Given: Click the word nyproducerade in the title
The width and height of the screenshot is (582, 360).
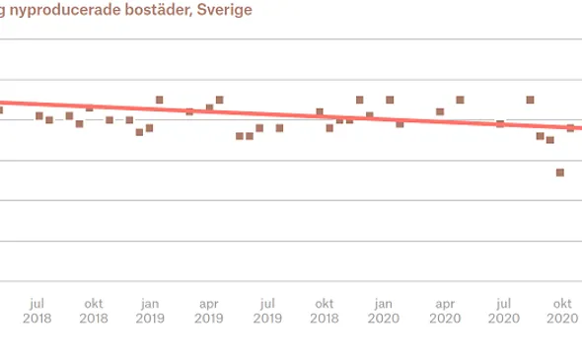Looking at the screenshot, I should coord(60,11).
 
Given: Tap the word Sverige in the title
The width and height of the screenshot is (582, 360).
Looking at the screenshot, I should coord(223,11).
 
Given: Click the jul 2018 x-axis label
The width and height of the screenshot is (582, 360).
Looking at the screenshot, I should coord(36,311).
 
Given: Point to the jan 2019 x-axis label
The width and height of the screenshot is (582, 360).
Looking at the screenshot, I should coord(150,311).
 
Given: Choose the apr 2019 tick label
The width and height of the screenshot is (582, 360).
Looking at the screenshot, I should coord(208,311).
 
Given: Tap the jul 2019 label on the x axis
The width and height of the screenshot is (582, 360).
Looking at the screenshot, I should coord(266,311).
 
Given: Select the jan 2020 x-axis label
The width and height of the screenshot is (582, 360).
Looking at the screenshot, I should coord(384,311).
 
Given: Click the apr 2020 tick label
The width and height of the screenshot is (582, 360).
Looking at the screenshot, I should coord(445,311).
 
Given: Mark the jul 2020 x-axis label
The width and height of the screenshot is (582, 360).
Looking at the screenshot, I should coord(503,311).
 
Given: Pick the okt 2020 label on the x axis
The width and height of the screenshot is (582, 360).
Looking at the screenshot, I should coord(562,311).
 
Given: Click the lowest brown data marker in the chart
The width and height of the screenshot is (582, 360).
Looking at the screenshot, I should coord(560,173).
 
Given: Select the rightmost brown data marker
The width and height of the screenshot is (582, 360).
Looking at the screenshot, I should coord(570,128).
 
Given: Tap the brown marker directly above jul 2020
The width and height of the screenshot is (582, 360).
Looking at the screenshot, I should coord(500,124).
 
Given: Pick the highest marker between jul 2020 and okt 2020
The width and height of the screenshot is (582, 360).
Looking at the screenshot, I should coord(530,100).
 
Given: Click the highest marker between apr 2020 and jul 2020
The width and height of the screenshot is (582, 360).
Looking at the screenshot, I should coord(460,100).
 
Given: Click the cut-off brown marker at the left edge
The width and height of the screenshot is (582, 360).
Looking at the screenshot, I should coord(1,109).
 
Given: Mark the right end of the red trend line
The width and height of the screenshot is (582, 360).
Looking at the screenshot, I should coord(580,128).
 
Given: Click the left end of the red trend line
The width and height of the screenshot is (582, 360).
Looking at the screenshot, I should coord(2,102).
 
